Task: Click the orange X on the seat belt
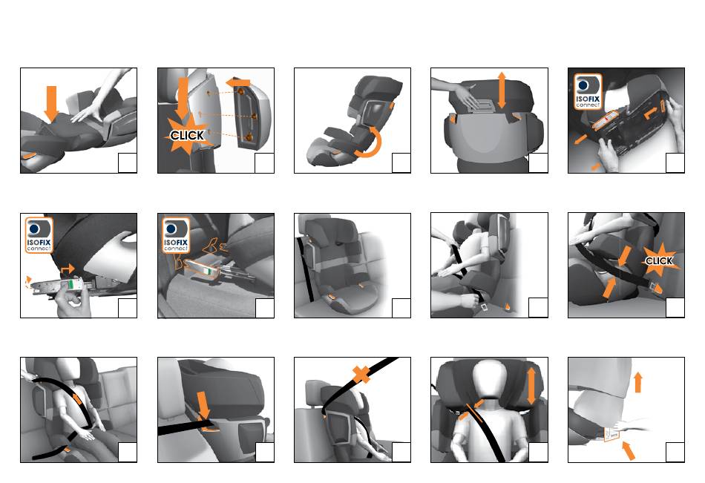point(361,374)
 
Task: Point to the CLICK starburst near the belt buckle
point(659,260)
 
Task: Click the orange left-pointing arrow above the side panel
point(238,83)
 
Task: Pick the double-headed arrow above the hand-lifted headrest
point(502,90)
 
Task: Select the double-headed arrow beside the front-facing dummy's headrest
point(531,386)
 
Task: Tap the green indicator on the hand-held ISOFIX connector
point(71,284)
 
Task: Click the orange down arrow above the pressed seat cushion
point(52,103)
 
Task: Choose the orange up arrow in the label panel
point(637,382)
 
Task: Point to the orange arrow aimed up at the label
point(629,450)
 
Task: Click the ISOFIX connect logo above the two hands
point(588,92)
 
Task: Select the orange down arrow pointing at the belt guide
point(203,406)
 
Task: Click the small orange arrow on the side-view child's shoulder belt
point(77,398)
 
